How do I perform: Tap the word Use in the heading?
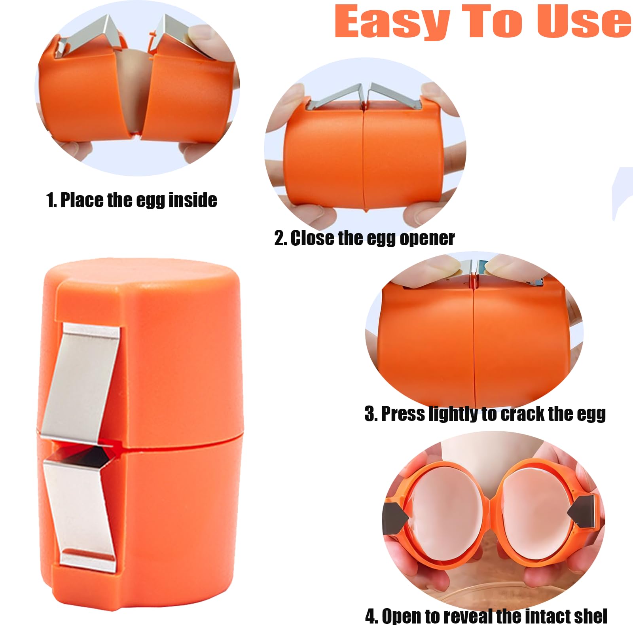(x=584, y=22)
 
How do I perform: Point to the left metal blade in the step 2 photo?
(x=334, y=97)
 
